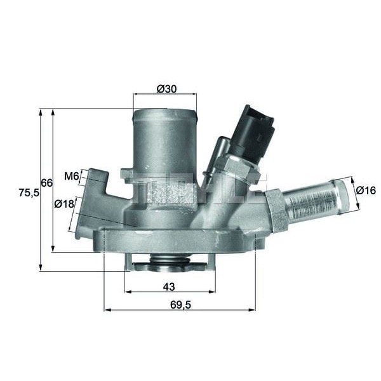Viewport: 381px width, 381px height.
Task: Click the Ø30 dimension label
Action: tap(166, 90)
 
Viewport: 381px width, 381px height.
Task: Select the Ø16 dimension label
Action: tap(366, 190)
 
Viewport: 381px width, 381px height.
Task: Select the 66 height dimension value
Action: tap(46, 183)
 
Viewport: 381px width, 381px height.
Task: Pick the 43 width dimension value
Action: tap(169, 286)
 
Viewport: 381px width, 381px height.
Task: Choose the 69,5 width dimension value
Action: tap(180, 305)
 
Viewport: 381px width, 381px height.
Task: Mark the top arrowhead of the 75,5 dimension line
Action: tap(41, 112)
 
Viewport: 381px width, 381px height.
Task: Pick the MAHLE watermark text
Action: tap(190, 188)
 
